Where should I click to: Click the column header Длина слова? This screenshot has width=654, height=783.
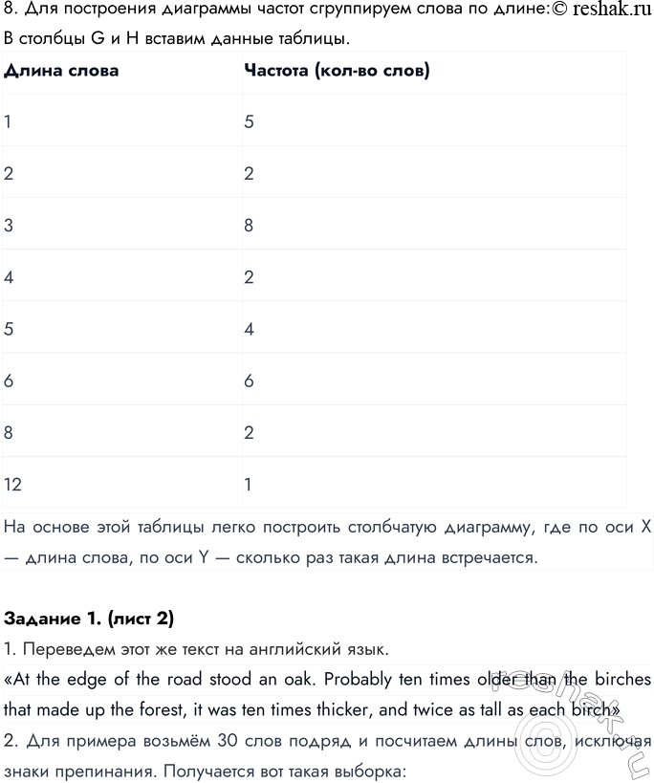(x=62, y=71)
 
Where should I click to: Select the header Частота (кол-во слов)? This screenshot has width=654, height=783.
(x=337, y=71)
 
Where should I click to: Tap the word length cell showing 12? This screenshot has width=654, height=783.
(x=13, y=484)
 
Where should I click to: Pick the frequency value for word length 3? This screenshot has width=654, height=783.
(x=249, y=226)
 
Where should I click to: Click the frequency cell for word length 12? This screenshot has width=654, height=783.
(x=248, y=484)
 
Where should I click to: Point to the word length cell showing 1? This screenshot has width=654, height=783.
(x=8, y=122)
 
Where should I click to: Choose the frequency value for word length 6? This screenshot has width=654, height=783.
(x=249, y=381)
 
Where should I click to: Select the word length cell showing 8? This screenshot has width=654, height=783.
(x=9, y=432)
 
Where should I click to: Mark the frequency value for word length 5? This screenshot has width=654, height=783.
(x=249, y=329)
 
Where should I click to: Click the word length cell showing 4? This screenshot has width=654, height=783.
(x=9, y=277)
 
